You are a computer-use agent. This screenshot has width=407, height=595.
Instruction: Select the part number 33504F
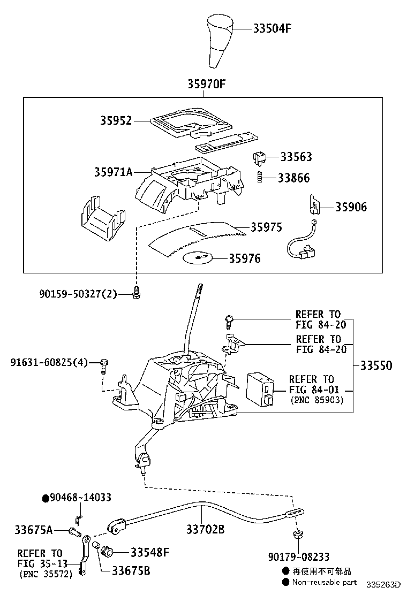tap(272, 28)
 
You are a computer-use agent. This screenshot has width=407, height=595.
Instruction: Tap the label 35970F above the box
tap(206, 84)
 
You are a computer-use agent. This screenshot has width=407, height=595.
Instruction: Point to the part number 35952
tap(116, 121)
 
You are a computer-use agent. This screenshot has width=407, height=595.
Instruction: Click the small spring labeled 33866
tap(259, 178)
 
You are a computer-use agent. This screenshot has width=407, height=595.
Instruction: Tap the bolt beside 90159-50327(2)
tap(136, 293)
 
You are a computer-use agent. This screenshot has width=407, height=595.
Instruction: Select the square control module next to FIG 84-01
tap(260, 387)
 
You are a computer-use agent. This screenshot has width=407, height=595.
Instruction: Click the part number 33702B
tap(205, 530)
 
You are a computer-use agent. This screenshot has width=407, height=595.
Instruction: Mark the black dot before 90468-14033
tap(46, 498)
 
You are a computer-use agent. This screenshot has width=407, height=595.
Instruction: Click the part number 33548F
tap(150, 552)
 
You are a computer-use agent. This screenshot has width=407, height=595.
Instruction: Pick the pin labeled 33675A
tap(74, 531)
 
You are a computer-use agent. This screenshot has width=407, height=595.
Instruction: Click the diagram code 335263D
tap(383, 584)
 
